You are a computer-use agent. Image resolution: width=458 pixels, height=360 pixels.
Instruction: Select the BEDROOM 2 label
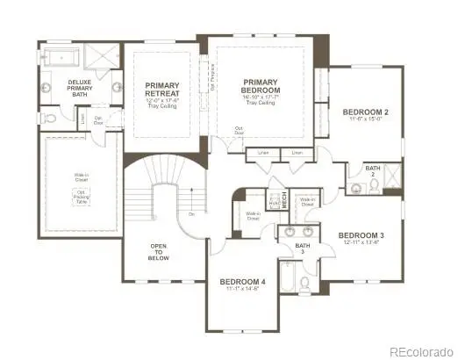tap(366, 112)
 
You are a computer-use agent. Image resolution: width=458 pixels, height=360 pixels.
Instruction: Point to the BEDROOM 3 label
tap(361, 235)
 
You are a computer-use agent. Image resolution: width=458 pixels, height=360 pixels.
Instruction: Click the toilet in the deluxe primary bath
tap(53, 117)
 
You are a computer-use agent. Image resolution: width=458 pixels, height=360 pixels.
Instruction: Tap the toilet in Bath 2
tap(356, 187)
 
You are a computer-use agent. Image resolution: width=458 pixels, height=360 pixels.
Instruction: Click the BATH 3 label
tap(302, 250)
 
